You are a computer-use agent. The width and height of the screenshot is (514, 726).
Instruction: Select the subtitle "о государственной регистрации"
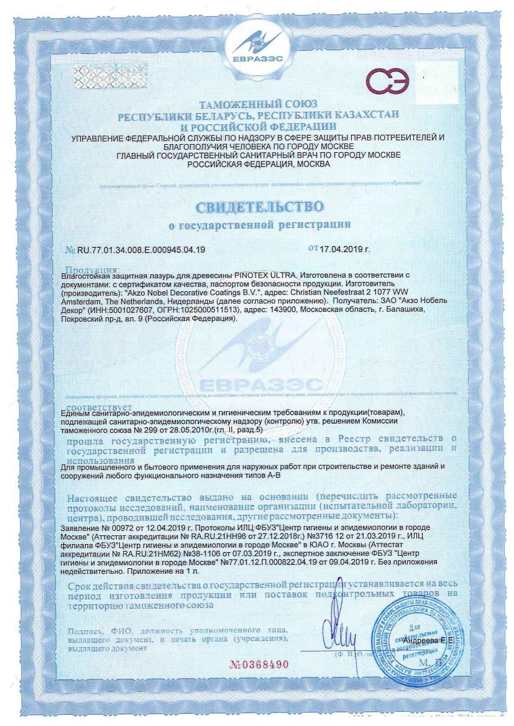click(x=260, y=224)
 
